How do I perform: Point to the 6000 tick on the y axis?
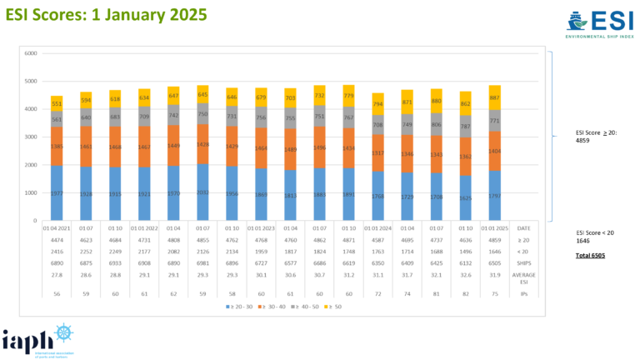[x=31, y=53]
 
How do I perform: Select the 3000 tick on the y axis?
[x=31, y=137]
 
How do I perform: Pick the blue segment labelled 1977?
[x=57, y=193]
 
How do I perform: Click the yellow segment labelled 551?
[x=57, y=102]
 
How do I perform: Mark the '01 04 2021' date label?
[x=57, y=226]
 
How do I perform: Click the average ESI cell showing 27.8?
[x=57, y=275]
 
